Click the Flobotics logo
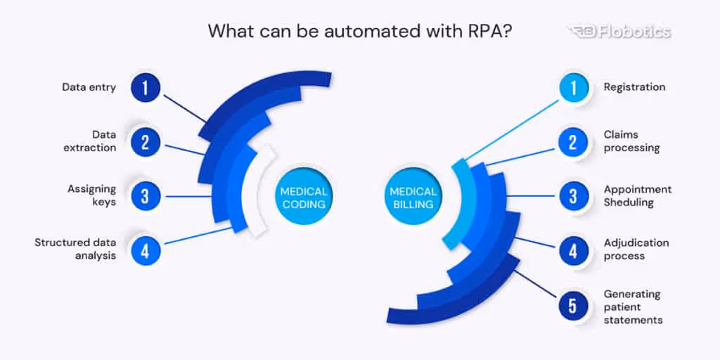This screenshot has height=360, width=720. (x=618, y=32)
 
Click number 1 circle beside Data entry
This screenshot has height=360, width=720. (x=145, y=88)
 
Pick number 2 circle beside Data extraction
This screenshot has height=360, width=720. (x=145, y=143)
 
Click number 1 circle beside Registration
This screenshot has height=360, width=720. (x=573, y=88)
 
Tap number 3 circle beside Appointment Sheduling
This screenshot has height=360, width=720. (x=573, y=196)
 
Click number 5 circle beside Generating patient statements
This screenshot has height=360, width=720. (x=573, y=306)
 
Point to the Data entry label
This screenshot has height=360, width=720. (x=89, y=88)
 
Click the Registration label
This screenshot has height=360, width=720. (x=634, y=88)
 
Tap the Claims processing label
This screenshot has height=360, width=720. (x=631, y=141)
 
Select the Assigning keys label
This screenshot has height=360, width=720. (x=91, y=195)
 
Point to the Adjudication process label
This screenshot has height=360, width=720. (x=636, y=250)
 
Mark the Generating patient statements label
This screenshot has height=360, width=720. (x=633, y=307)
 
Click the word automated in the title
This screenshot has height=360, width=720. (x=342, y=32)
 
